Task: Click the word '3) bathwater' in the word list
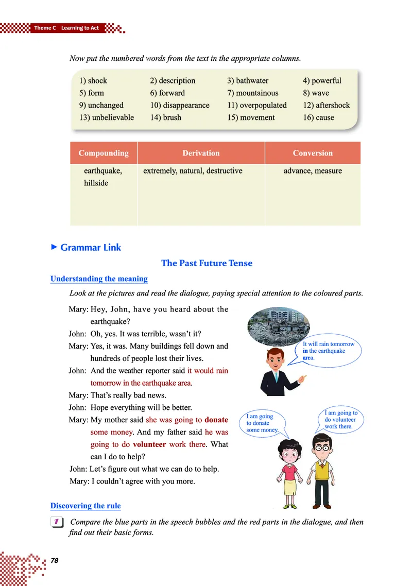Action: point(247,81)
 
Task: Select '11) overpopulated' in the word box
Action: point(256,106)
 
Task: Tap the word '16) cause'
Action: point(318,118)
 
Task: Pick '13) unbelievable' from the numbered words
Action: point(107,118)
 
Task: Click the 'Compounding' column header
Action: point(104,153)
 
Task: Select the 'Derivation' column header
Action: point(201,153)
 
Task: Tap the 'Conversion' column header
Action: point(313,153)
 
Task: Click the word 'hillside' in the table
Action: point(96,183)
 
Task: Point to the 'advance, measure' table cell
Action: point(313,171)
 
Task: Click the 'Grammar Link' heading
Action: point(91,248)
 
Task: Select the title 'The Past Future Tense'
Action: point(207,263)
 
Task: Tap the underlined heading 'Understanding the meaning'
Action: point(99,279)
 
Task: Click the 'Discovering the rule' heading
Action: point(85,506)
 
